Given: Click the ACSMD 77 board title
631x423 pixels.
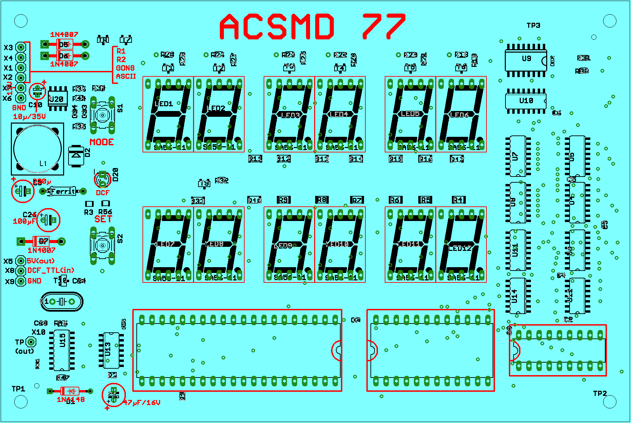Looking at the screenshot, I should click(x=312, y=26).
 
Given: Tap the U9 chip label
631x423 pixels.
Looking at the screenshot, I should click(x=526, y=59).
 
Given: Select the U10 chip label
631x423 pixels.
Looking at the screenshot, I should click(x=526, y=101).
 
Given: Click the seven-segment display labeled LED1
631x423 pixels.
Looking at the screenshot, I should click(x=168, y=114).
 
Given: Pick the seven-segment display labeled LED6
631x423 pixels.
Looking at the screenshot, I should click(x=461, y=114).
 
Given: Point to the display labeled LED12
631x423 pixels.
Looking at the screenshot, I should click(x=461, y=244).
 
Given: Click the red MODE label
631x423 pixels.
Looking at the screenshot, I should click(x=102, y=142).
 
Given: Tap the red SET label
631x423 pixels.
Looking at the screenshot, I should click(x=103, y=219).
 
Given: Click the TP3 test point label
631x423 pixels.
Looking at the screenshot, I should click(x=533, y=25).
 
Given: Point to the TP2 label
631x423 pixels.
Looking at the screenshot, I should click(x=600, y=393).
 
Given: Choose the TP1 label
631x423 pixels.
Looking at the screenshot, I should click(x=18, y=389).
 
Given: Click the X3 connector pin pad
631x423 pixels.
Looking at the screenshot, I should click(x=21, y=47).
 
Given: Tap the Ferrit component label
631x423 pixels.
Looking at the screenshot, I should click(x=63, y=191).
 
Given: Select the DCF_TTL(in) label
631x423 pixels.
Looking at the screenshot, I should click(x=51, y=271).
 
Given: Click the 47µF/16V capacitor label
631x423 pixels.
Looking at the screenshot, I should click(x=141, y=403).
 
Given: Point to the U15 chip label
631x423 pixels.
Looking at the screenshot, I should click(x=62, y=340).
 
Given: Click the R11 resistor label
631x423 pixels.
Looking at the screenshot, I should click(x=255, y=159).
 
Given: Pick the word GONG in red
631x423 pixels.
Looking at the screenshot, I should click(x=125, y=68).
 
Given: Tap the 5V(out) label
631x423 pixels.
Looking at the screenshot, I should click(x=41, y=261).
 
